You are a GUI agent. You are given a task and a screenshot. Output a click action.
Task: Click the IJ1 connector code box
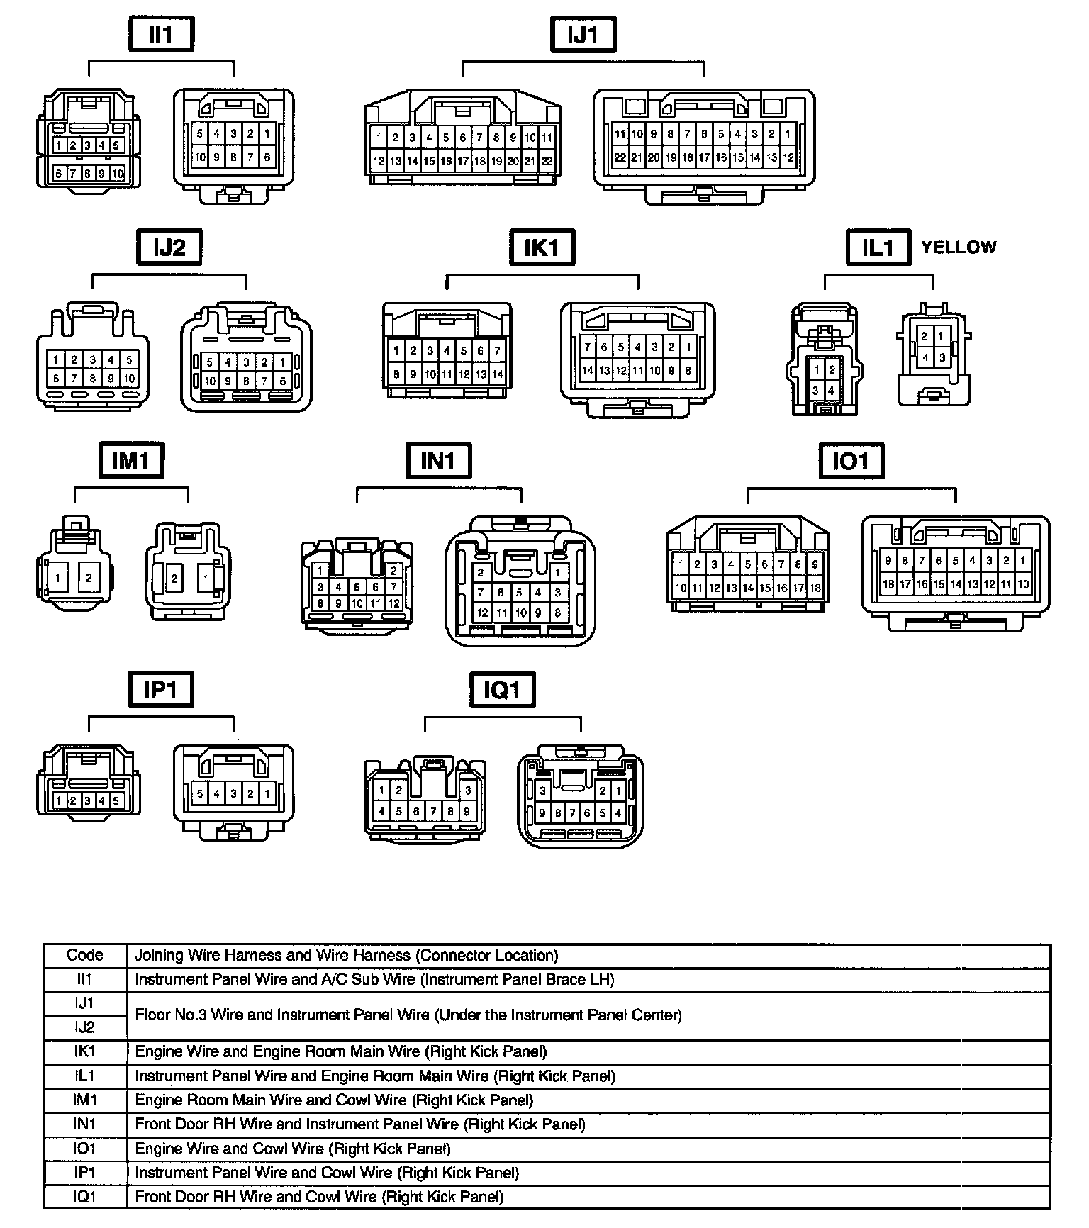tap(583, 35)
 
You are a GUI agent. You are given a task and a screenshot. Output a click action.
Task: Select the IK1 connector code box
tap(542, 247)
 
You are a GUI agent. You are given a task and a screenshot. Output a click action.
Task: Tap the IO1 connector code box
tap(850, 462)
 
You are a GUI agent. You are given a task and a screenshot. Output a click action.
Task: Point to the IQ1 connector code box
tap(502, 690)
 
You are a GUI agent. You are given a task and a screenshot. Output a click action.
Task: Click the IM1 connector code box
tap(131, 460)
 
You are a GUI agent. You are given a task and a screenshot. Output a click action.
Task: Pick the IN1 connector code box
tap(438, 462)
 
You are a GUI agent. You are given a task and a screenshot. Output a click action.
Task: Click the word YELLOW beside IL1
tap(959, 247)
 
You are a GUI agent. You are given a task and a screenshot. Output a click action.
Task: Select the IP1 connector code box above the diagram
tap(160, 689)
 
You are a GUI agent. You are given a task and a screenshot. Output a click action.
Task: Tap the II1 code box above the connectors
tap(161, 35)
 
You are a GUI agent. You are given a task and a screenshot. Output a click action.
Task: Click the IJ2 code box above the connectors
tap(169, 247)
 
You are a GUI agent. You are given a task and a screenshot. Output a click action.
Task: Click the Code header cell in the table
tap(85, 955)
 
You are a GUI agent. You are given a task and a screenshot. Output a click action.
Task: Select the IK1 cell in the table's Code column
tap(85, 1051)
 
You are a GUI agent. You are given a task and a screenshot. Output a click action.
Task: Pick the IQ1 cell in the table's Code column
tap(85, 1197)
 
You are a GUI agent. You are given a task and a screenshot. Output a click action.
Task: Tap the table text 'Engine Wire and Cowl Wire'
tap(292, 1149)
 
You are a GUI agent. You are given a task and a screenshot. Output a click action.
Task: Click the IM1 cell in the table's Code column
tap(85, 1100)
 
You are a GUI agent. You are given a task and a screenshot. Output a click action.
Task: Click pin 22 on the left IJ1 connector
tap(547, 161)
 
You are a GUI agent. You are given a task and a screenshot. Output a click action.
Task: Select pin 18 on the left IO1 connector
tap(815, 588)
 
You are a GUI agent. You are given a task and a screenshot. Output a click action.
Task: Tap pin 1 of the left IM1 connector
tap(58, 578)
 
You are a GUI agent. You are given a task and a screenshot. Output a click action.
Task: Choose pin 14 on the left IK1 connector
tap(498, 374)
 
